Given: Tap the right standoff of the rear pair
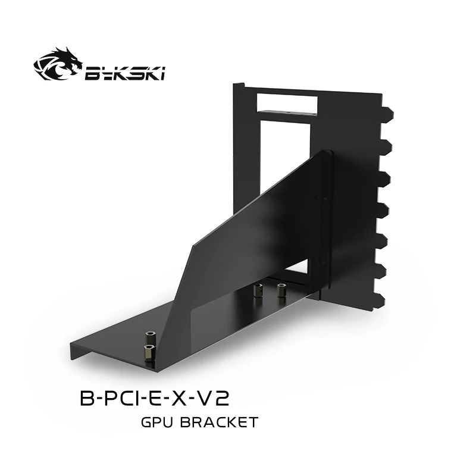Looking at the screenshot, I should pos(281,291).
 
